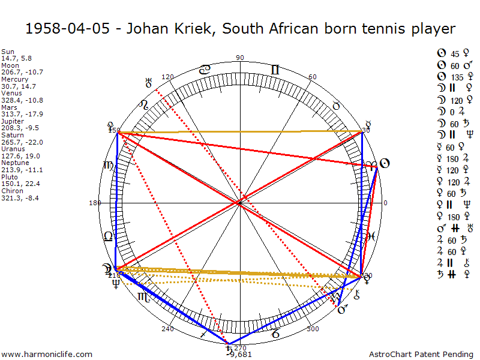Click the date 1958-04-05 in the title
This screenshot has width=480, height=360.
[x=67, y=29]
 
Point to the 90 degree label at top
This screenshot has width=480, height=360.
[x=241, y=58]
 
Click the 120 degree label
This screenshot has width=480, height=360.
[x=167, y=77]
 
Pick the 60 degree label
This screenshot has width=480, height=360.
[x=312, y=77]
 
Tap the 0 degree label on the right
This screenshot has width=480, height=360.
[x=385, y=203]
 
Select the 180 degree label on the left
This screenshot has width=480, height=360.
[x=95, y=203]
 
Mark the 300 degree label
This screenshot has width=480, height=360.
[x=313, y=329]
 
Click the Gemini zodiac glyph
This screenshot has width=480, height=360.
[x=275, y=70]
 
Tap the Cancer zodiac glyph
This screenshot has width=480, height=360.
[x=205, y=70]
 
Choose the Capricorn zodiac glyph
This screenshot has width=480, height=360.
[x=275, y=334]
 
